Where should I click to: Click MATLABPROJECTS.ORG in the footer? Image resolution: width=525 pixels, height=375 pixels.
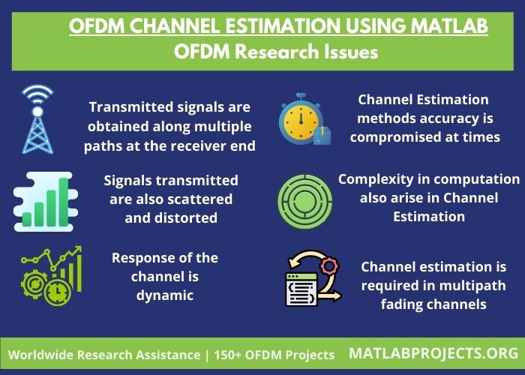pyautogui.click(x=433, y=352)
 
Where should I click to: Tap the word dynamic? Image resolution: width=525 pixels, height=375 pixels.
pyautogui.click(x=165, y=295)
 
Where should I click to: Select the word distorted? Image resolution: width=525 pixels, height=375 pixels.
pyautogui.click(x=171, y=218)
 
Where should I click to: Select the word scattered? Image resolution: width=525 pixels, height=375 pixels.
pyautogui.click(x=200, y=199)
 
